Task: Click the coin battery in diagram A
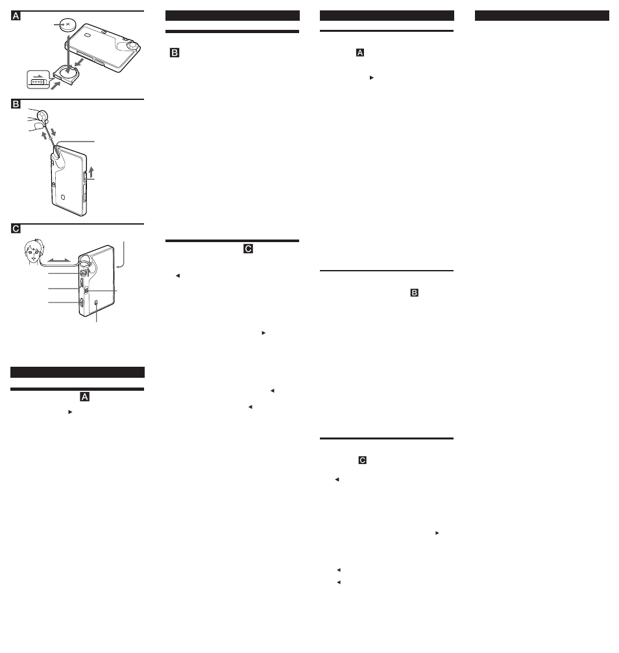tap(67, 25)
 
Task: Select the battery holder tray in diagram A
tap(66, 75)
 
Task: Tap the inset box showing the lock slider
tap(38, 80)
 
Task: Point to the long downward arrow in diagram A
tap(68, 54)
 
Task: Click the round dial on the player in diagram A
tap(132, 45)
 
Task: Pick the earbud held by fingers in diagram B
tap(42, 116)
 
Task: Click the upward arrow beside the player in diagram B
tap(91, 172)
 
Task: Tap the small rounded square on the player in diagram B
tap(63, 197)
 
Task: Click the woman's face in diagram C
tap(33, 252)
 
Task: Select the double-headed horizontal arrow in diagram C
tap(59, 260)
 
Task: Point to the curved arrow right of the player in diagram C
tap(121, 254)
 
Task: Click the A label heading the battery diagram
tap(16, 16)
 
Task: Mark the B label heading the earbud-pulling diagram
tap(16, 104)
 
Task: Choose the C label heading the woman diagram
tap(16, 228)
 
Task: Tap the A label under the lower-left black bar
tap(84, 397)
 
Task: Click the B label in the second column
tap(175, 53)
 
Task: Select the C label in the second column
tap(248, 249)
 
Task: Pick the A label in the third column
tap(360, 53)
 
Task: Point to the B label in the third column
tap(414, 293)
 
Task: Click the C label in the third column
tap(363, 460)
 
